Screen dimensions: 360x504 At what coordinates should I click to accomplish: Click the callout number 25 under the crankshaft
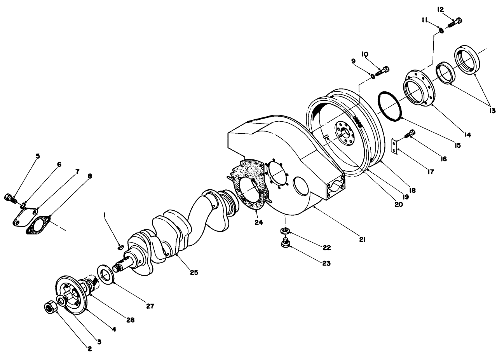[x=194, y=273]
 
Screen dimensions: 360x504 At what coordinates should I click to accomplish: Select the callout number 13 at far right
[x=492, y=110]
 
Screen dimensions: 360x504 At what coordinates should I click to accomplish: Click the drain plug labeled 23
[x=285, y=244]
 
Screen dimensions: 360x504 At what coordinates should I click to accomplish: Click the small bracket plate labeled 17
[x=395, y=147]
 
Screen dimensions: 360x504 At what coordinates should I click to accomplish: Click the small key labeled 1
[x=120, y=246]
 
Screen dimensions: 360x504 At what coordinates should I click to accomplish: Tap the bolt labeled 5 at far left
[x=10, y=198]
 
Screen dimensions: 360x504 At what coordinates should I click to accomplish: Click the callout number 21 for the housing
[x=362, y=240]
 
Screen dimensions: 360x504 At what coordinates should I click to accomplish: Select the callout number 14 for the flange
[x=467, y=135]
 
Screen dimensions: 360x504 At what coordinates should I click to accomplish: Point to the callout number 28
[x=131, y=320]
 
